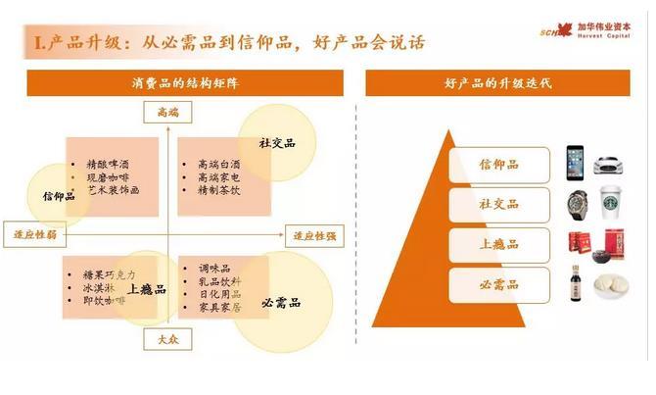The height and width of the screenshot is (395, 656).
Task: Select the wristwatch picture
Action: coord(578,204)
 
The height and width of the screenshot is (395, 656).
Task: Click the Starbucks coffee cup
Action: coord(611,204)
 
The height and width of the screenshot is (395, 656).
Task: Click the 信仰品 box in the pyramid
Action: coord(498,164)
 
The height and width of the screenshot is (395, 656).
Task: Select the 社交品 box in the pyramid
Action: coord(498,204)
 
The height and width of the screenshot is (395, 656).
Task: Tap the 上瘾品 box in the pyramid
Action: coord(498,244)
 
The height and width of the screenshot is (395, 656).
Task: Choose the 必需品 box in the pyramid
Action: coord(498,284)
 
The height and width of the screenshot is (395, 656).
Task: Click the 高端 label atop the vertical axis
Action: coord(168,113)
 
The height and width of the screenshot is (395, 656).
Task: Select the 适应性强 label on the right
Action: coord(312,235)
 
